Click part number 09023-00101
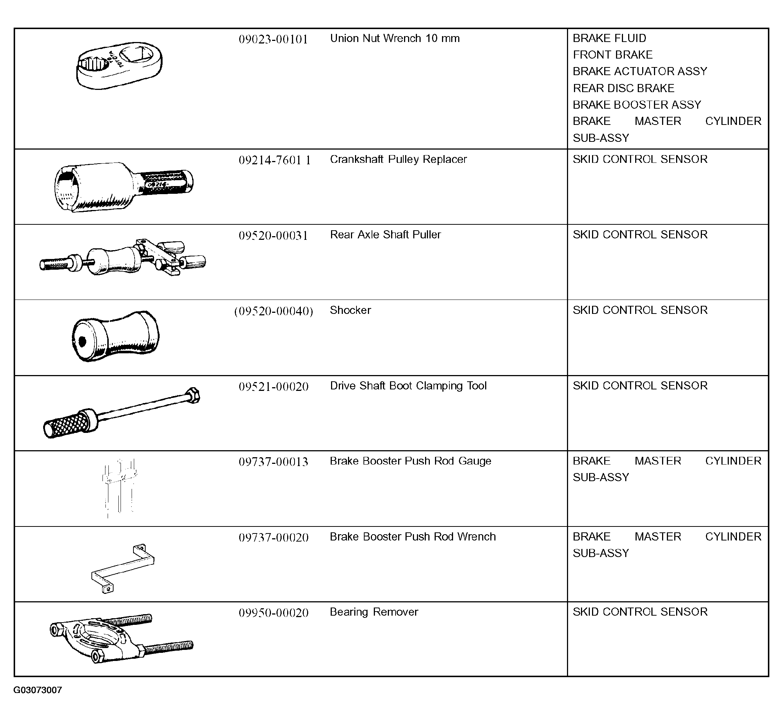click(x=273, y=39)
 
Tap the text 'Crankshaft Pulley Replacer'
click(x=398, y=160)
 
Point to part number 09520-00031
click(x=273, y=236)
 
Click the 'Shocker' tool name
click(x=350, y=310)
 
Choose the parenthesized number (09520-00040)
click(x=274, y=311)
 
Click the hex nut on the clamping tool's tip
click(x=193, y=396)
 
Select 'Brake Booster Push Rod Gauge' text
click(x=410, y=461)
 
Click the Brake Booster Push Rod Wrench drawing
click(x=122, y=568)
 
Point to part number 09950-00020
click(x=273, y=613)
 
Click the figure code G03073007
click(x=38, y=690)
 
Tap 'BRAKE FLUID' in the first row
click(x=609, y=38)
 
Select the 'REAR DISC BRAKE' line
click(x=623, y=88)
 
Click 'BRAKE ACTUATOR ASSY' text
click(x=640, y=71)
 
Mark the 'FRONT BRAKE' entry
click(x=612, y=55)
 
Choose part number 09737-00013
click(x=273, y=462)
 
